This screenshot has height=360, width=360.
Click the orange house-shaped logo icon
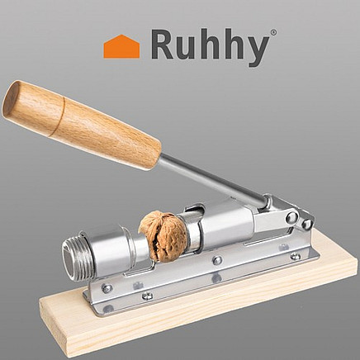(121, 47)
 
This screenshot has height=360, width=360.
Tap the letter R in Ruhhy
(163, 45)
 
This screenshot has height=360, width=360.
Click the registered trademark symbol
(273, 32)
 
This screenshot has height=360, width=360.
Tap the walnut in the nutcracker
(163, 236)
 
